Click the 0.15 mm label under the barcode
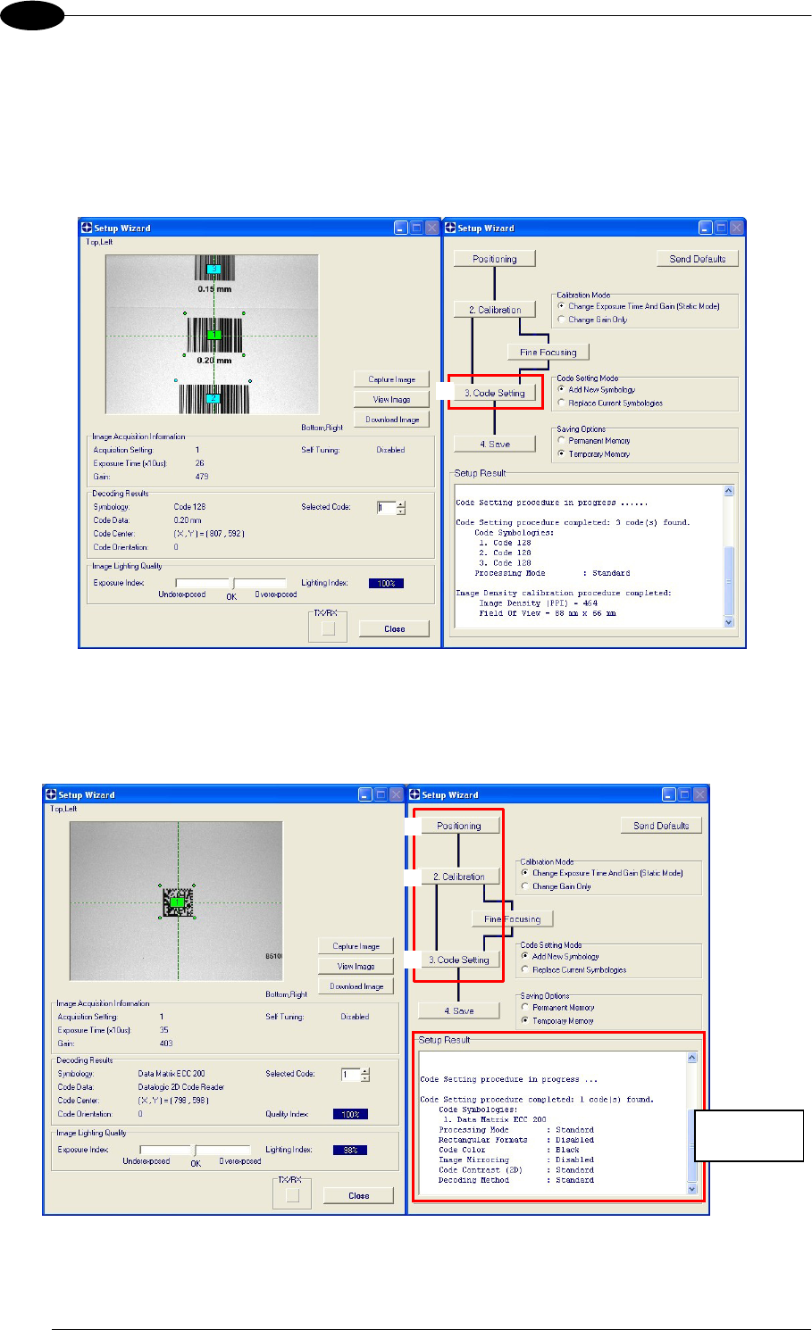(x=213, y=289)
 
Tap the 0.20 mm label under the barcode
(x=213, y=361)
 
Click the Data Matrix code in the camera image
(x=178, y=902)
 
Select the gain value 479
(x=202, y=477)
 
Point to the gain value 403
(x=166, y=1043)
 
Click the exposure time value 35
(x=164, y=1030)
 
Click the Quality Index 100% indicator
(x=350, y=1115)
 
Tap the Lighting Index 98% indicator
(x=350, y=1151)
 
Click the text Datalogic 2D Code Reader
(x=181, y=1087)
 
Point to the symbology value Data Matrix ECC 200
(x=172, y=1074)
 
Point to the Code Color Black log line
(x=508, y=1150)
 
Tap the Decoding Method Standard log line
(x=515, y=1180)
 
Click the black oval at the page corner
(x=32, y=15)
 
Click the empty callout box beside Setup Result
(x=749, y=1135)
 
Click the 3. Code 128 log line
(x=505, y=563)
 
